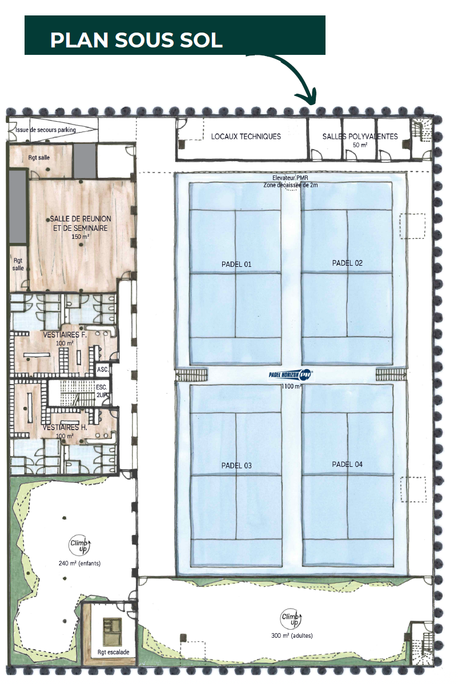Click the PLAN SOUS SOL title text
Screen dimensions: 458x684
136,40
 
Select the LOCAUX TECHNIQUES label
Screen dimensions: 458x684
246,137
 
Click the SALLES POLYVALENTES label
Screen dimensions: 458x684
360,137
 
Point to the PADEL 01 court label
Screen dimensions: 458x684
236,264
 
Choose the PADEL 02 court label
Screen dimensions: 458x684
347,263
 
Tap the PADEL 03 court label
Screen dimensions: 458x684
236,466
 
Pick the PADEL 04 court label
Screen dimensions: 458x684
347,464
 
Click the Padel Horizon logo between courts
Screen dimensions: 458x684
291,374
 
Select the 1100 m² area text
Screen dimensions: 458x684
291,386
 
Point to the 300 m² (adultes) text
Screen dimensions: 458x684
292,635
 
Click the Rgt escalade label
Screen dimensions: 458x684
113,652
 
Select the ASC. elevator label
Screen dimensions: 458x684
103,370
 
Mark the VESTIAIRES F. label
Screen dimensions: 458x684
65,335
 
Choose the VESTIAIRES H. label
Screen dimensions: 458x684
65,427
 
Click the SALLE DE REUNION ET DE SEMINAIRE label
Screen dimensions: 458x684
80,223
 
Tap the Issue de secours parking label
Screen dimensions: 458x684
46,130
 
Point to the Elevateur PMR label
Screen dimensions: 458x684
290,178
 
